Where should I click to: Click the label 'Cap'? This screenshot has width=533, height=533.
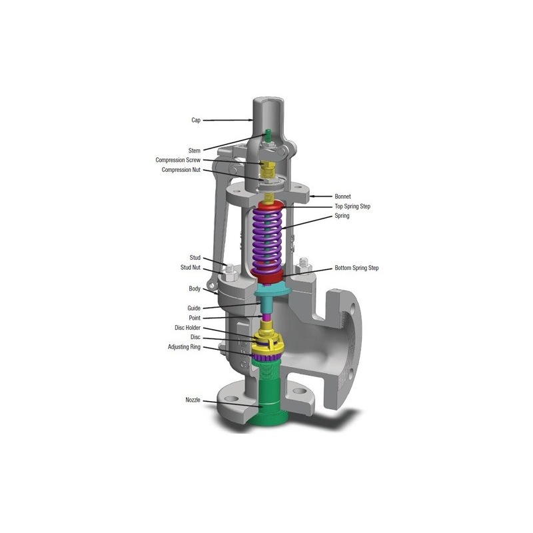(x=196, y=120)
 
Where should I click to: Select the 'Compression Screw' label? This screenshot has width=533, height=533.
(x=178, y=160)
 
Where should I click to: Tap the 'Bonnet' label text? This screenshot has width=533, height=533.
(x=342, y=196)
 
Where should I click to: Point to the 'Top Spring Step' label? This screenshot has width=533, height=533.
(x=352, y=206)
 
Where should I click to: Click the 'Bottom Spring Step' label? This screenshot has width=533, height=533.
(x=356, y=268)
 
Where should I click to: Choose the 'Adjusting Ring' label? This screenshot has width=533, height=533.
(x=184, y=347)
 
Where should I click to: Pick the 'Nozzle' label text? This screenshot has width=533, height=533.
(x=193, y=400)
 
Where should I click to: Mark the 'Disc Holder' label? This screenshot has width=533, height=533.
(x=187, y=328)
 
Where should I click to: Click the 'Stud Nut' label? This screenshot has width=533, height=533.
(x=191, y=268)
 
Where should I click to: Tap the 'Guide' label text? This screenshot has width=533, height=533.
(x=194, y=308)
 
